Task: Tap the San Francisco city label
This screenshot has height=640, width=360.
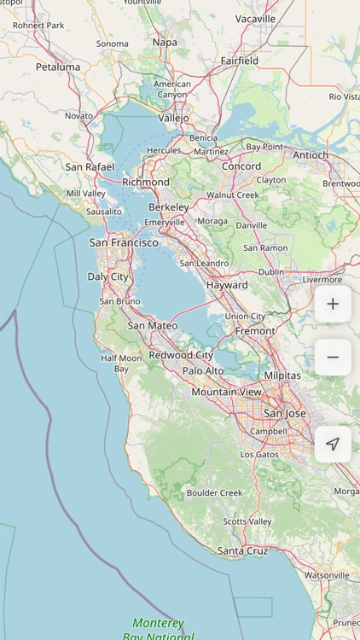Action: click(124, 242)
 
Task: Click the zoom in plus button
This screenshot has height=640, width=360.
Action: click(333, 304)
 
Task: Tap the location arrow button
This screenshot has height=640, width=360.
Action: click(333, 444)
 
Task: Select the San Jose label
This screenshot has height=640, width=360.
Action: click(284, 413)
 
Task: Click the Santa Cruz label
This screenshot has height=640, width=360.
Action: click(244, 551)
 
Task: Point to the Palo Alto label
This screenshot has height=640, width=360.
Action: click(203, 370)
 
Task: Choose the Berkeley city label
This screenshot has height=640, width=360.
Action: click(169, 207)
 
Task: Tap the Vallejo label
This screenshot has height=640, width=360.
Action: click(173, 118)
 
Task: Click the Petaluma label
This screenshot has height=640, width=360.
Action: click(58, 67)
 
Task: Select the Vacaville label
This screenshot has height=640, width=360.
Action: click(256, 19)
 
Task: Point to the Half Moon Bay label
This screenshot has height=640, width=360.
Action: click(121, 364)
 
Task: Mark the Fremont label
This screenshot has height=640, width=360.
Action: click(255, 331)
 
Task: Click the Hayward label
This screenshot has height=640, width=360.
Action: click(227, 285)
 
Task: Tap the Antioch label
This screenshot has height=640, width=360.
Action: click(311, 155)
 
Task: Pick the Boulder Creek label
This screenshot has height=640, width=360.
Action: click(215, 492)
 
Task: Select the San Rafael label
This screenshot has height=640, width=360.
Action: click(90, 167)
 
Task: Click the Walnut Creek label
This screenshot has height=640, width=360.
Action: click(233, 195)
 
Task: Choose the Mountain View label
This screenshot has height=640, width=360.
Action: click(226, 392)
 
